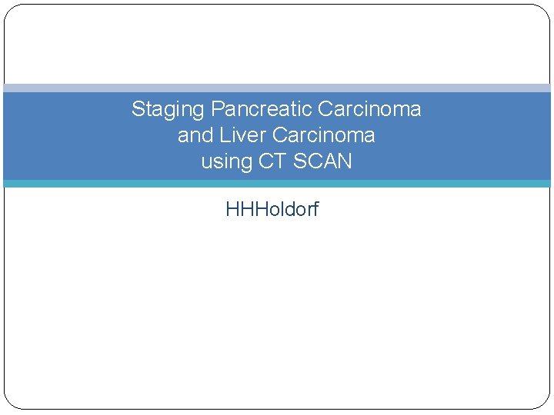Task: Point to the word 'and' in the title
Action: (x=192, y=135)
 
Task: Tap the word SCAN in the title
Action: (x=323, y=161)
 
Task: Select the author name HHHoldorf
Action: (x=272, y=209)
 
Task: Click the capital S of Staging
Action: (x=138, y=109)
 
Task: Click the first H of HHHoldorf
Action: (x=232, y=209)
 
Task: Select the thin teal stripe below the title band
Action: (x=277, y=184)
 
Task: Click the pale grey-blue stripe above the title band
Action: (x=277, y=88)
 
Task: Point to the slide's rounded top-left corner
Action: (x=10, y=10)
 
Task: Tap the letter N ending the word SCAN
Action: (x=345, y=161)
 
